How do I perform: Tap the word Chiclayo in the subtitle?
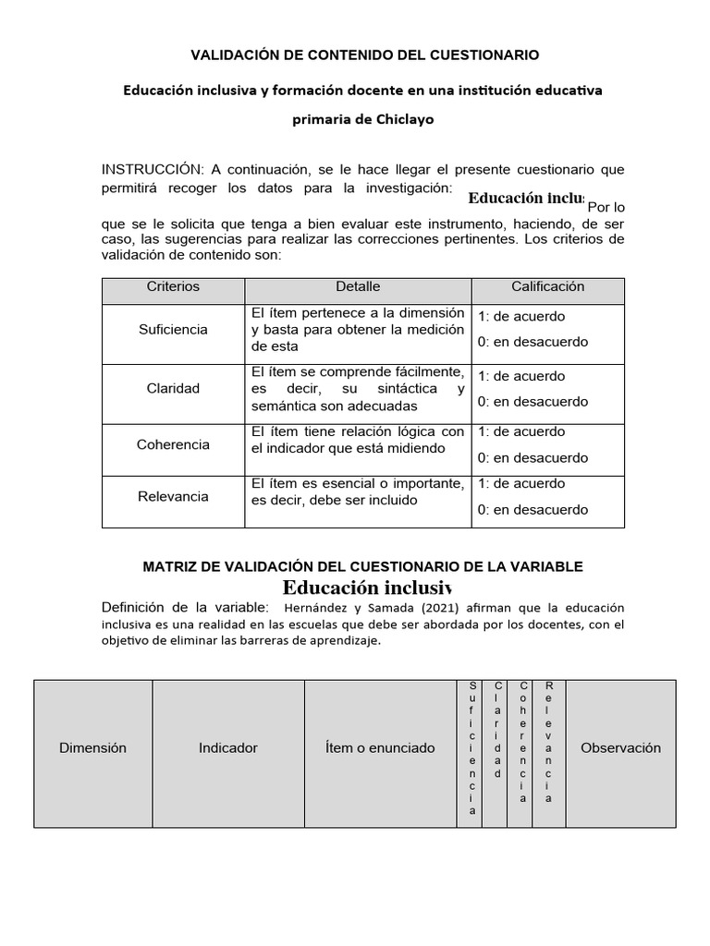point(401,119)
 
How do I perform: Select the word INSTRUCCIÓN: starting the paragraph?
point(152,169)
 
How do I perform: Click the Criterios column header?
point(173,287)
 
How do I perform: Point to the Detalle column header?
point(358,287)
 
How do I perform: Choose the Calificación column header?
point(547,287)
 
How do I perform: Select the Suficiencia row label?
point(173,330)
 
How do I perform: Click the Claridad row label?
point(173,389)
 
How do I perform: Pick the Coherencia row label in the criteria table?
point(173,444)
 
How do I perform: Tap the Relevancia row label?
point(173,497)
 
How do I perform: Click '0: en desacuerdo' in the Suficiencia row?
point(532,343)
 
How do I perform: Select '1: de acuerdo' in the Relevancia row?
point(521,484)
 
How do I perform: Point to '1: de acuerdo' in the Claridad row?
point(521,377)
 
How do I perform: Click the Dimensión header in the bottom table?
point(92,748)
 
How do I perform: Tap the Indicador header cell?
point(228,748)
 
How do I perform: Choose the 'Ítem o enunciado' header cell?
point(380,748)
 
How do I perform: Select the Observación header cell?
point(620,748)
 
